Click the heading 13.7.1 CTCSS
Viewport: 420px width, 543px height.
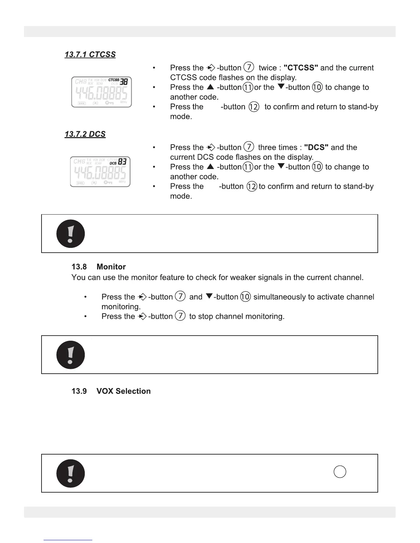[x=90, y=55]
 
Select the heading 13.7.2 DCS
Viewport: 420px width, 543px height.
[x=85, y=134]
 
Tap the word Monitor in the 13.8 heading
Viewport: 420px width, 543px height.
[x=111, y=267]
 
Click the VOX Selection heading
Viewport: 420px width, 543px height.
[x=124, y=391]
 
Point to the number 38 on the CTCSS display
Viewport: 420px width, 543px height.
[x=124, y=81]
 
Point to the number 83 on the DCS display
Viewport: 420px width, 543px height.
[x=122, y=161]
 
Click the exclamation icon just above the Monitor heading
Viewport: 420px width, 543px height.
[x=70, y=234]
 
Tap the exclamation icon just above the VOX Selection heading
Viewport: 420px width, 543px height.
[x=70, y=355]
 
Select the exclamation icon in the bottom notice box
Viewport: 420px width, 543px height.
[x=70, y=473]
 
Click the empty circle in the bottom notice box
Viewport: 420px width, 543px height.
[x=340, y=472]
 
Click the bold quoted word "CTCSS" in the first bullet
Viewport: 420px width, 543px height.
[x=301, y=68]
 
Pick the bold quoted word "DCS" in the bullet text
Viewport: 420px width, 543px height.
[x=316, y=147]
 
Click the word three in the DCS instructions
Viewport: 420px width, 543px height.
[x=267, y=147]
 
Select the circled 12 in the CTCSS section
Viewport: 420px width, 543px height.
[x=254, y=107]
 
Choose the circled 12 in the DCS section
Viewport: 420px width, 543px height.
[x=252, y=186]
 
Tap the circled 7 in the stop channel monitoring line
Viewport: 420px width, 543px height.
[x=180, y=316]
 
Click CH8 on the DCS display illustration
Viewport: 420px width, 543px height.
[x=79, y=161]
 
